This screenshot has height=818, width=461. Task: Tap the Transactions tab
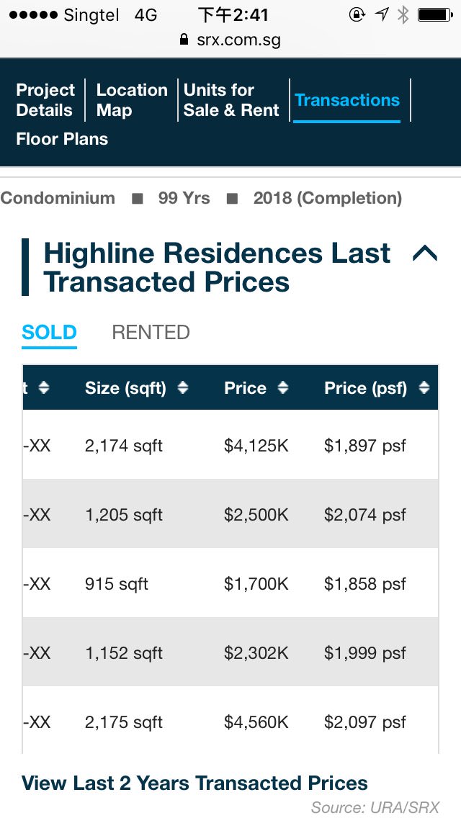point(347,100)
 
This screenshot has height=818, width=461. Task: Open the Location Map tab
point(132,100)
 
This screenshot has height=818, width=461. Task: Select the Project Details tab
point(45,100)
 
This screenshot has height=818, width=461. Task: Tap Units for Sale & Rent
point(231,100)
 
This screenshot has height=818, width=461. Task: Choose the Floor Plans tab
point(62,139)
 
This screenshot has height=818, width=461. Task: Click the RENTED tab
point(151,332)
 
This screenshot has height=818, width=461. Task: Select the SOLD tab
point(49,332)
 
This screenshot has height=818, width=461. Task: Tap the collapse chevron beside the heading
point(425,253)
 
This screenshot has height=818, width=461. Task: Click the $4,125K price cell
point(256,446)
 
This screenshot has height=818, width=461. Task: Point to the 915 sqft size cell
point(117,584)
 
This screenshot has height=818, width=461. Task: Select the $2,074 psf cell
point(365,515)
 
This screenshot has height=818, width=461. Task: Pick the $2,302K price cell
point(256,653)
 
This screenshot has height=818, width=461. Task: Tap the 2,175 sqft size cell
point(124,722)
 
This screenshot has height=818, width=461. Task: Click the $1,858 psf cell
point(365,584)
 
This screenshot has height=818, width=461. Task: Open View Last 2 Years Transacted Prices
point(194,783)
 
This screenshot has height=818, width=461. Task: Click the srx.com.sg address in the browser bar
point(238,40)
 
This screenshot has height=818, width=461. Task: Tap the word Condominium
point(58,198)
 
